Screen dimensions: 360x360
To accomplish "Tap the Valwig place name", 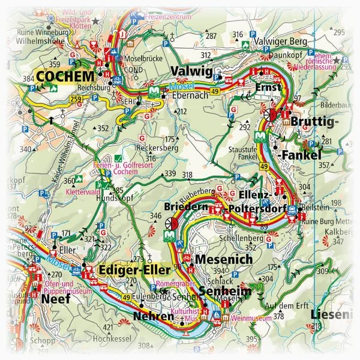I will (x=191, y=73).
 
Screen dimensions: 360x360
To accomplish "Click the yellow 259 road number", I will (x=76, y=98).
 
